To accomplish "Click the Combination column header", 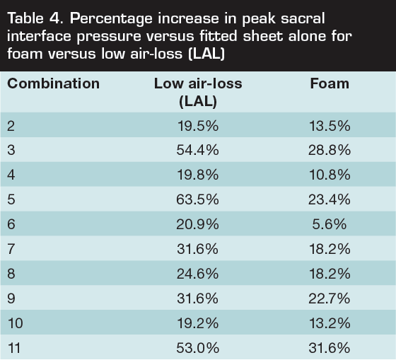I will pyautogui.click(x=53, y=83).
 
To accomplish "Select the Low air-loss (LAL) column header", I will pyautogui.click(x=198, y=92).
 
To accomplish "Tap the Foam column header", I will pyautogui.click(x=330, y=83).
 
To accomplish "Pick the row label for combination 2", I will pyautogui.click(x=11, y=127).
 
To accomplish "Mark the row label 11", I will pyautogui.click(x=14, y=348).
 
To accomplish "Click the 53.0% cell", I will pyautogui.click(x=198, y=348).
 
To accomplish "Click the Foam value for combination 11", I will pyautogui.click(x=330, y=348).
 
